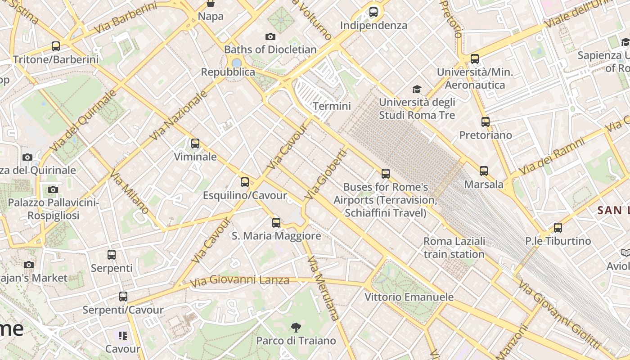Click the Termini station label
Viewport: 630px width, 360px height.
(332, 106)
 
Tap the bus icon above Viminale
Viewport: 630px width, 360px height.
(195, 144)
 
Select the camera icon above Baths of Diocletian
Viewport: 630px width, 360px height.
(270, 36)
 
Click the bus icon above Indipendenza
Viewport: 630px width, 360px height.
(373, 12)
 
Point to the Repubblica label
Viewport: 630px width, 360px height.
(228, 72)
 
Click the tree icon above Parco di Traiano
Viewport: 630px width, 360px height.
(296, 327)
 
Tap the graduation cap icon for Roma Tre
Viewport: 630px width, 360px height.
(417, 89)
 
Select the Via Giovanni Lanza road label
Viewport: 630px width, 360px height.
(239, 281)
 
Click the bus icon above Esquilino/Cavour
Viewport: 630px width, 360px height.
(245, 182)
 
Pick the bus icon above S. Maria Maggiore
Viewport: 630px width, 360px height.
(276, 222)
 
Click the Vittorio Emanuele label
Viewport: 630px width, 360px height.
(409, 297)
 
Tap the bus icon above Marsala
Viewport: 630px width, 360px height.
(484, 171)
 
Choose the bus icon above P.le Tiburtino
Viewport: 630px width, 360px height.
(558, 228)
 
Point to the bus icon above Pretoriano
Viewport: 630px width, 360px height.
(486, 122)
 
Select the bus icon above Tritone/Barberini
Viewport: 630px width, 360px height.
(56, 46)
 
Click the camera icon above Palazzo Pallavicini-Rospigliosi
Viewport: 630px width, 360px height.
(53, 189)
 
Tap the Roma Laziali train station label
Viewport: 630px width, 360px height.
(454, 247)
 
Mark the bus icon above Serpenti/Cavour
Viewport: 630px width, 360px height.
(123, 297)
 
